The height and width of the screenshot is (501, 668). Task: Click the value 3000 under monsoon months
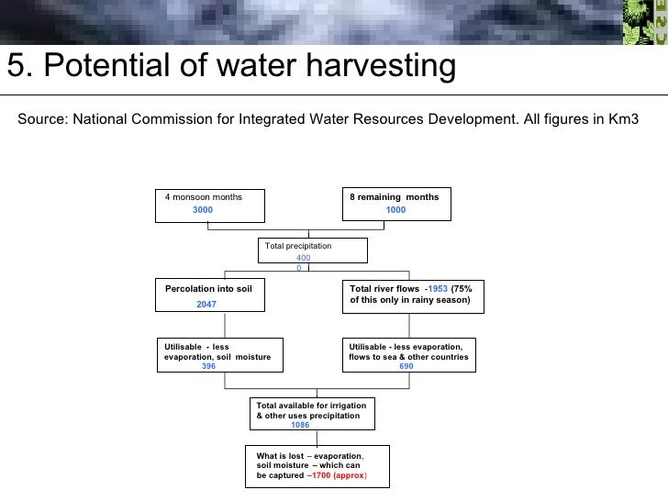202,210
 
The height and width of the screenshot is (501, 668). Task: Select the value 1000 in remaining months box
395,210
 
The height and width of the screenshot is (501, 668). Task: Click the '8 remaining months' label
394,197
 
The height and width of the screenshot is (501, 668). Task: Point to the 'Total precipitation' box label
298,246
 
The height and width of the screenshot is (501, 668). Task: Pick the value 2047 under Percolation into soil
206,304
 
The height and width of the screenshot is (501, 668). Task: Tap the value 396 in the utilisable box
208,366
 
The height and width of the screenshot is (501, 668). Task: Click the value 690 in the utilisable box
406,366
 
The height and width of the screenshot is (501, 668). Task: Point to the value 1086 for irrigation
300,425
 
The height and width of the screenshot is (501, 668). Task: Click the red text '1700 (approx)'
340,476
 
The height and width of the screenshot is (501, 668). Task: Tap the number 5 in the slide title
16,66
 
